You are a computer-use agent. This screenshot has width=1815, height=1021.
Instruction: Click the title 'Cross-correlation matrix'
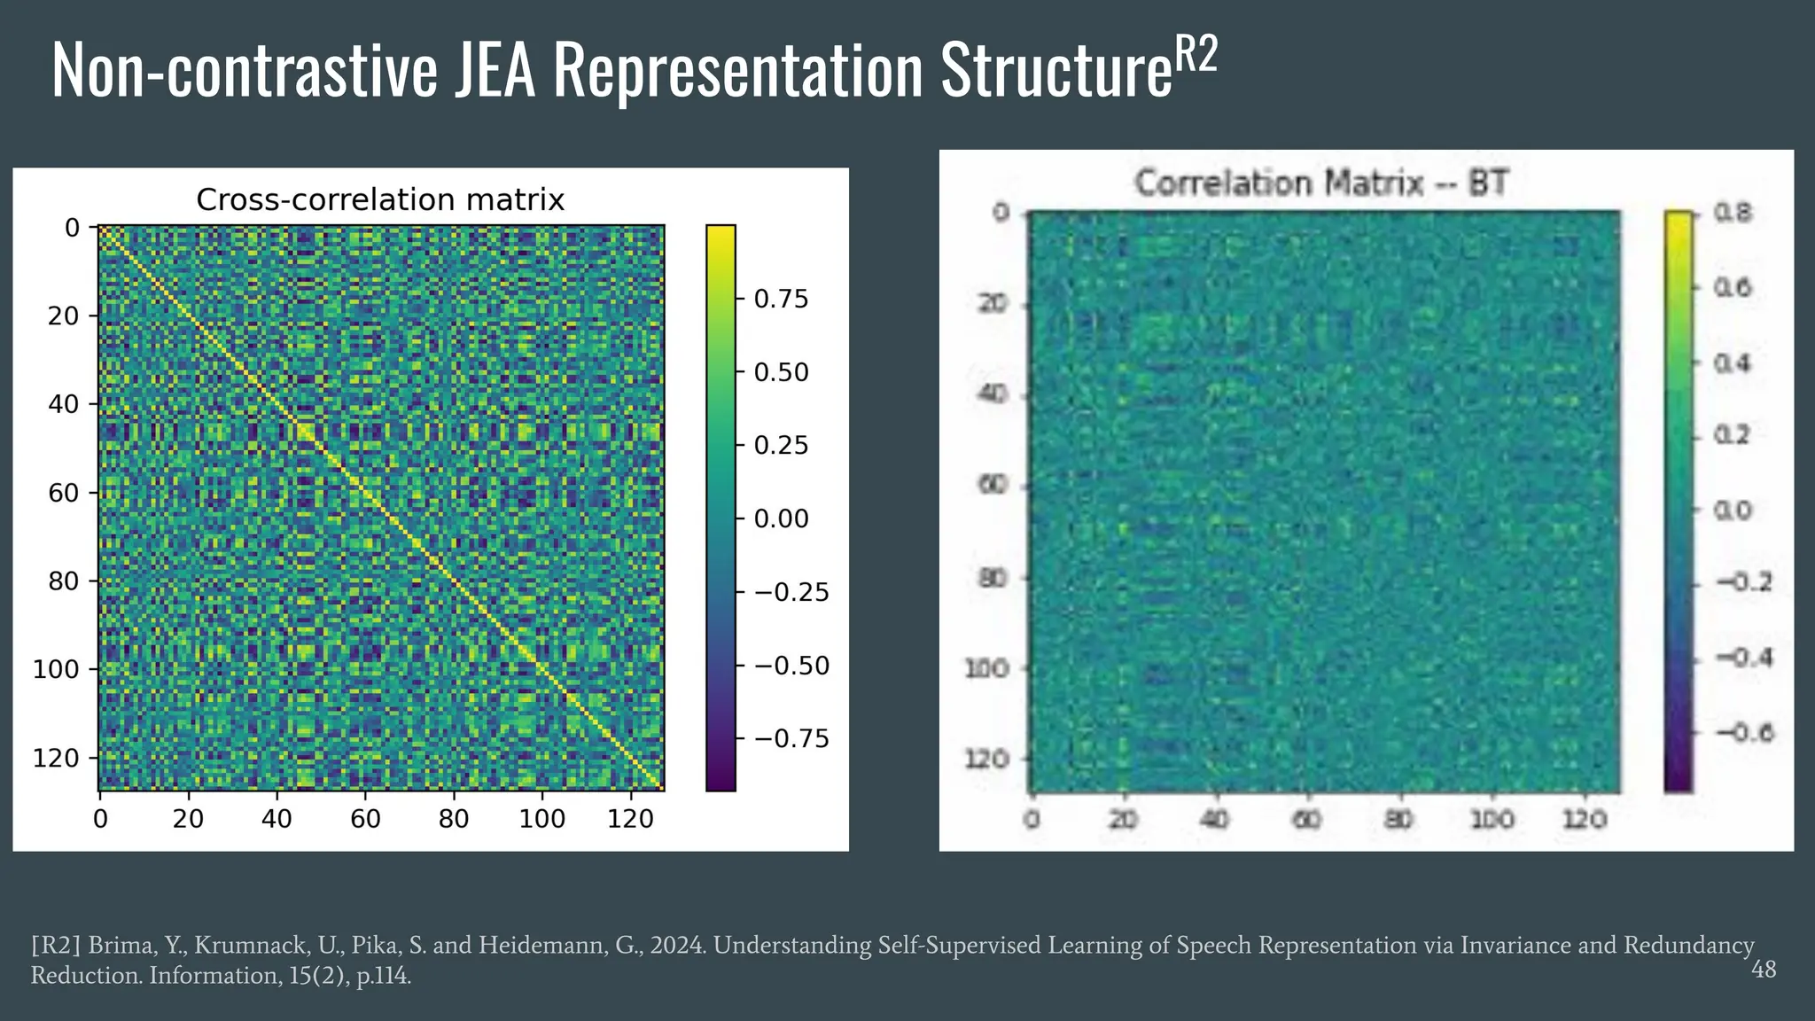coord(379,200)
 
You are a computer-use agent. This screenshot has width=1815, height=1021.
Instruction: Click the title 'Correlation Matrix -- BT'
coord(1320,183)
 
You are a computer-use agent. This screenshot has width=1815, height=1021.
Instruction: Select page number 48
coord(1763,970)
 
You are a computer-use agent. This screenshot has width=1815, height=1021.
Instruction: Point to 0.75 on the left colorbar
coord(781,300)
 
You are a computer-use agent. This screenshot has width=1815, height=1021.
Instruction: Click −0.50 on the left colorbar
coord(791,666)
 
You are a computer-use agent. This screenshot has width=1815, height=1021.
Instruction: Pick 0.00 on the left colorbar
coord(781,518)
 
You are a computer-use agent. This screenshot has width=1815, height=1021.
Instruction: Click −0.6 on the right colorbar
coord(1743,733)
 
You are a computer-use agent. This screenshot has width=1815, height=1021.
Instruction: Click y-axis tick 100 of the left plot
coord(56,669)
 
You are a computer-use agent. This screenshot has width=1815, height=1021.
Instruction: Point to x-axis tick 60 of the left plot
coord(365,818)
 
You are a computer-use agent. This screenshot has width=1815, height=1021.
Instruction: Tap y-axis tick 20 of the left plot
coord(64,316)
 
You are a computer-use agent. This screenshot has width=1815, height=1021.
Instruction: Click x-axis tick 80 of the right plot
coord(1399,819)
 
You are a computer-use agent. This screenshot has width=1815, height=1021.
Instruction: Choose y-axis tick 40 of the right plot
coord(993,394)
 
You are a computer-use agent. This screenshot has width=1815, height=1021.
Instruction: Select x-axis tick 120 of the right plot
coord(1585,819)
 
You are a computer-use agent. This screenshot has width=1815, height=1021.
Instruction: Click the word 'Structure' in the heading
coord(1056,71)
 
